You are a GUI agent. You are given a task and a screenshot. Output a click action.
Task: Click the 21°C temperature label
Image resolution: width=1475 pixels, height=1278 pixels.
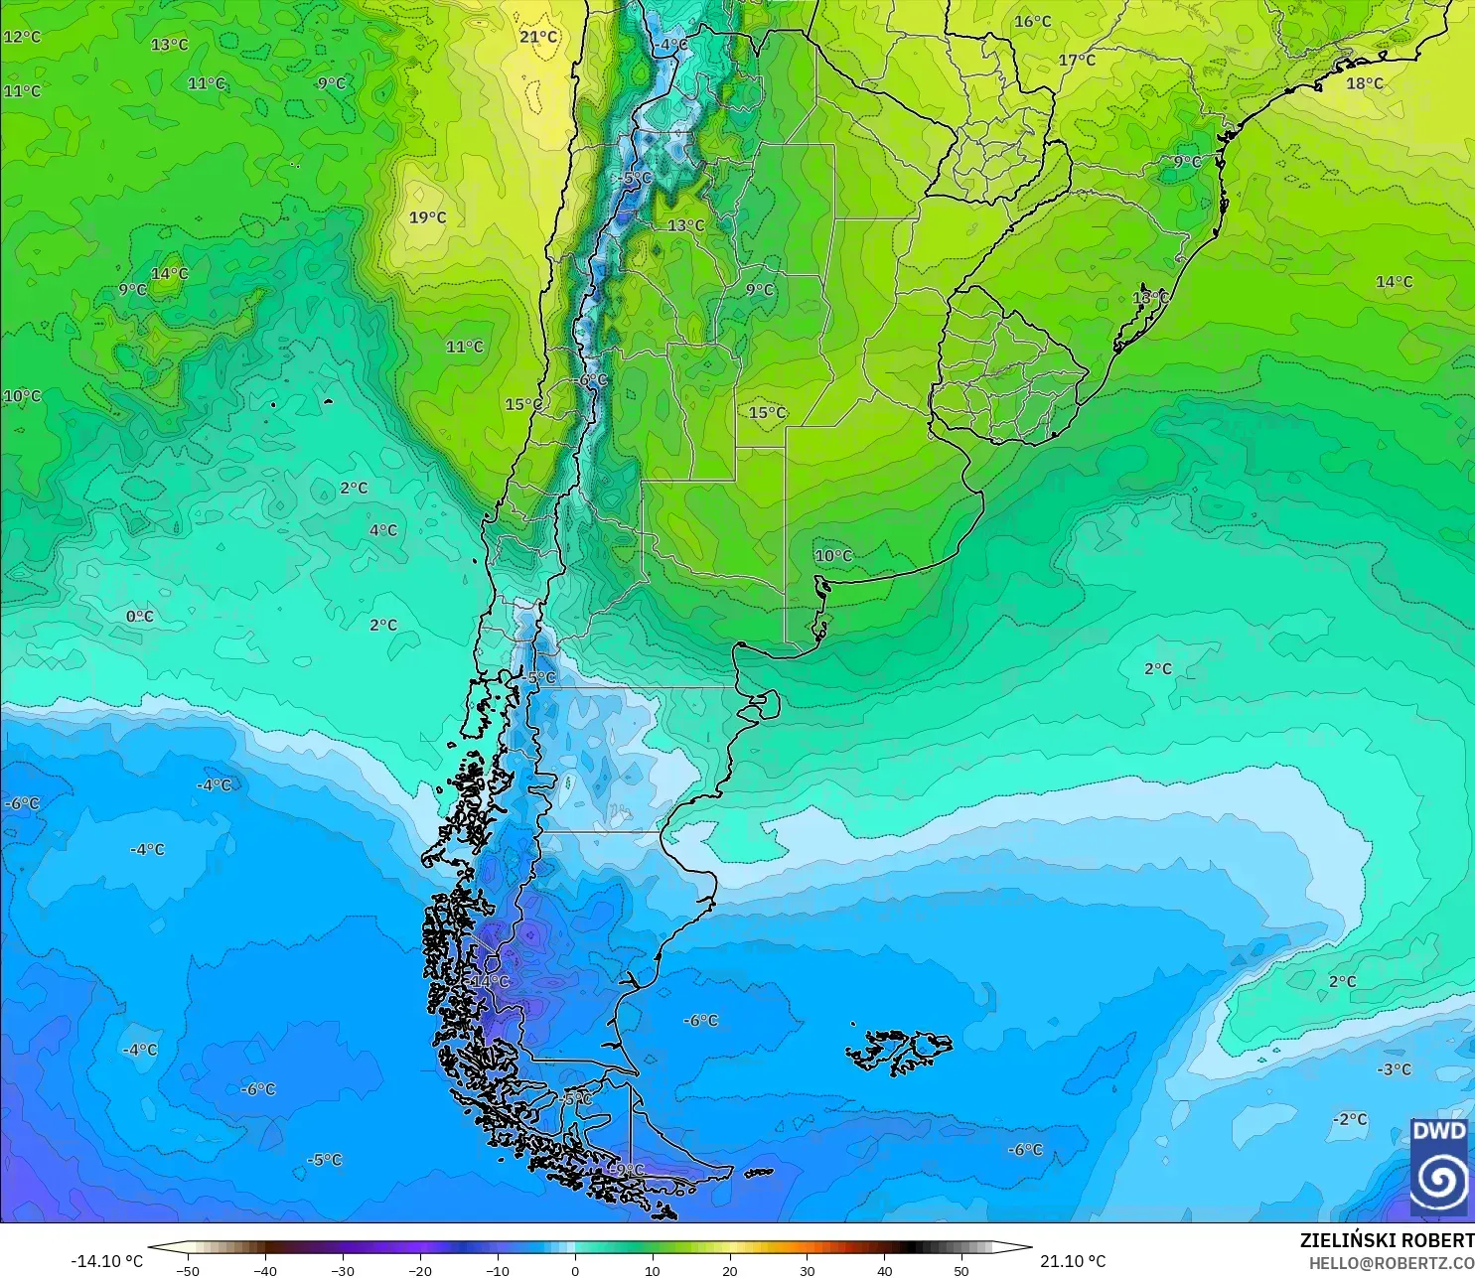(538, 37)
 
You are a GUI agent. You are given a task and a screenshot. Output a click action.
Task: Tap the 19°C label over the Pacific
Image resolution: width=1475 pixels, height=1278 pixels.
(427, 217)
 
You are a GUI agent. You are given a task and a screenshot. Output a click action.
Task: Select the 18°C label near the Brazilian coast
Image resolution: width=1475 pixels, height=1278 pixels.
(1364, 83)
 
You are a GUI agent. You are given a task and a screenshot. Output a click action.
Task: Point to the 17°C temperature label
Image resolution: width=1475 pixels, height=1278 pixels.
(1076, 60)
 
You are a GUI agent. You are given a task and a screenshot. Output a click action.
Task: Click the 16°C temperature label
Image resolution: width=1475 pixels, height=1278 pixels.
(1032, 22)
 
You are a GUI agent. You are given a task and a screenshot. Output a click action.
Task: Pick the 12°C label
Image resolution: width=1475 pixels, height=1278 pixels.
(22, 37)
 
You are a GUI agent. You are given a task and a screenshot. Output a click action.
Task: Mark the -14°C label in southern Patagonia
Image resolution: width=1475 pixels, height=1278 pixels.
(489, 981)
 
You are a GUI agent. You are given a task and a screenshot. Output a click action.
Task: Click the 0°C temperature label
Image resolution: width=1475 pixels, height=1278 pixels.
(139, 617)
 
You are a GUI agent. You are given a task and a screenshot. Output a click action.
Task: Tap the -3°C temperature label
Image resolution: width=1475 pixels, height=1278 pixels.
(1393, 1069)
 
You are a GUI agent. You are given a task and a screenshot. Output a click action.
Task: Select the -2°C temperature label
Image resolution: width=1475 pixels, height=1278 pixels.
(1349, 1119)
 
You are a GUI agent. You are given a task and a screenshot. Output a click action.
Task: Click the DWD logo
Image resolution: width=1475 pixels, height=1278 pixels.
(1438, 1167)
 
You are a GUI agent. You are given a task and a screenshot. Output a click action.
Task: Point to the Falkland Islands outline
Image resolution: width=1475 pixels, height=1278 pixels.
(899, 1051)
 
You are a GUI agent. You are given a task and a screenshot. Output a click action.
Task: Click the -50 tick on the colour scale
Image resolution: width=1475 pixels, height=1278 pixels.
(187, 1270)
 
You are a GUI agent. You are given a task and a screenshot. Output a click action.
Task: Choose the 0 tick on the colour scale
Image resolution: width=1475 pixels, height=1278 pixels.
(574, 1270)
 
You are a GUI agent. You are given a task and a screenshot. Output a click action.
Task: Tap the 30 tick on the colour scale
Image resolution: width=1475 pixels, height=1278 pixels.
(807, 1270)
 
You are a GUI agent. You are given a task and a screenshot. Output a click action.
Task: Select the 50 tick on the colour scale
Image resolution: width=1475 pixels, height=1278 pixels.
(961, 1270)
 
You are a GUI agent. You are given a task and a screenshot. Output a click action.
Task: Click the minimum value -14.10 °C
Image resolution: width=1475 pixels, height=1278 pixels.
(106, 1261)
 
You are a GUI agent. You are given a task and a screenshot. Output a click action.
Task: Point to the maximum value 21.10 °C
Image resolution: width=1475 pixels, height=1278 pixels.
(1072, 1261)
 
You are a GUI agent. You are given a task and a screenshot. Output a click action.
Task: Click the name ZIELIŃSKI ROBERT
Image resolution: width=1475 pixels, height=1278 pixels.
(1387, 1240)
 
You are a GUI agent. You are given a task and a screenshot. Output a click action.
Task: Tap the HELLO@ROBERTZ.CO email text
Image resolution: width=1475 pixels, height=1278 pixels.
(1391, 1263)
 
